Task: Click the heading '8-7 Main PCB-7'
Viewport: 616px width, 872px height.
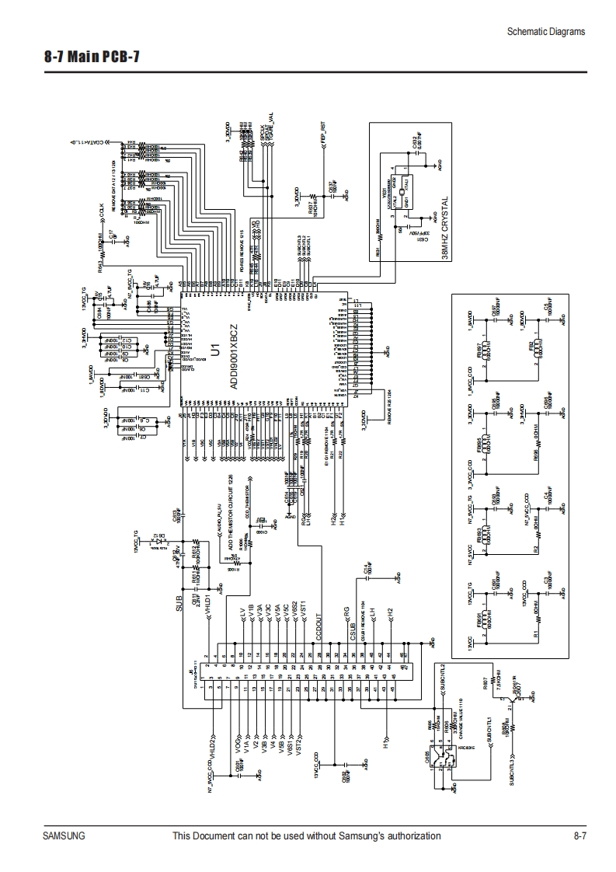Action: [x=92, y=58]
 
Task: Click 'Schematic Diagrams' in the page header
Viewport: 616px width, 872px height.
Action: [x=545, y=32]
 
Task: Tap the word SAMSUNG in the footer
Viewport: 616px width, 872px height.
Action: [x=64, y=836]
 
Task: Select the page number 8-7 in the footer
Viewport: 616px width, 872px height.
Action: [x=579, y=836]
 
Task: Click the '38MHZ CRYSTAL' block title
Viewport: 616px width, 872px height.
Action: [x=444, y=232]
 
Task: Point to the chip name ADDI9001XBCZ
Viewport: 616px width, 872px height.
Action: [x=234, y=358]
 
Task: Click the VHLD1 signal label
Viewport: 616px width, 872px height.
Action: [x=208, y=606]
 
